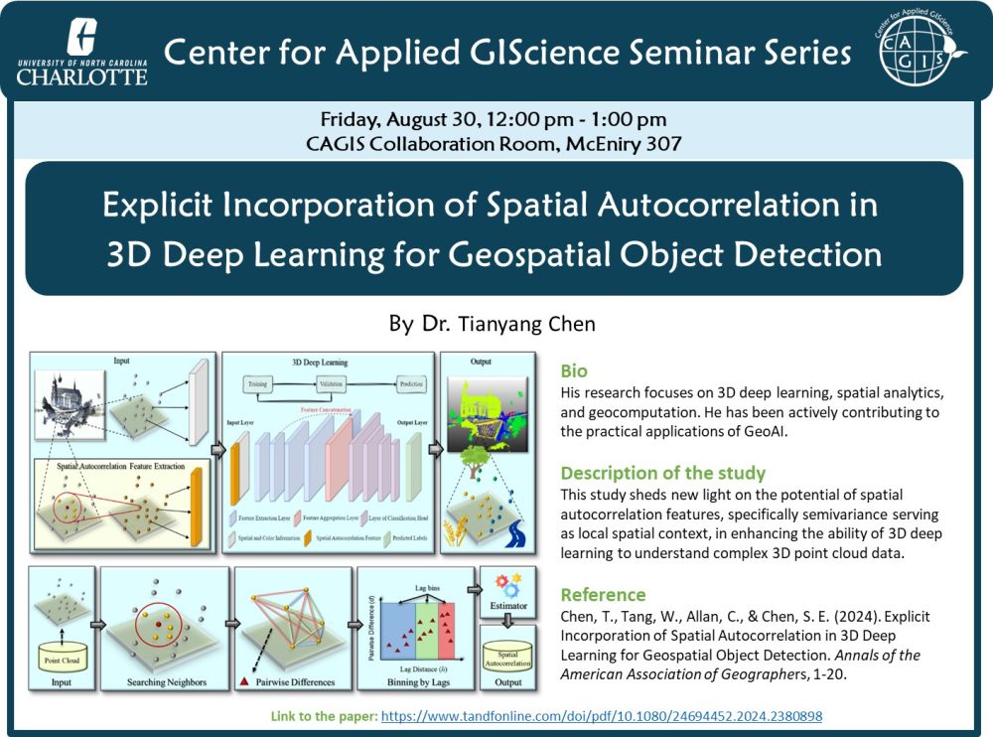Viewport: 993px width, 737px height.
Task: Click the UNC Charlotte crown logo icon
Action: click(x=81, y=39)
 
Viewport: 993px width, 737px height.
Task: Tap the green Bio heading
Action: click(x=574, y=370)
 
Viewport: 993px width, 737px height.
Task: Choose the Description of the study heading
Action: click(x=662, y=473)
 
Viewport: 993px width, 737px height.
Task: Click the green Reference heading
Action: click(x=603, y=594)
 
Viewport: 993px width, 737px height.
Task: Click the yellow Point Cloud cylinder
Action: click(x=63, y=651)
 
